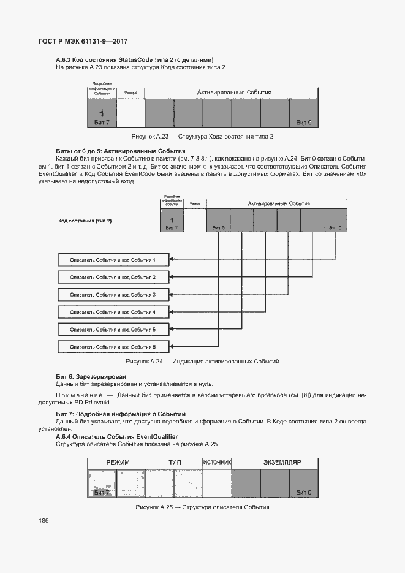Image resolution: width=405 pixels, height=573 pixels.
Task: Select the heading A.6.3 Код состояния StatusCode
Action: (x=134, y=59)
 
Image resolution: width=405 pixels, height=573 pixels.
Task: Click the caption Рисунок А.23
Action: (x=202, y=136)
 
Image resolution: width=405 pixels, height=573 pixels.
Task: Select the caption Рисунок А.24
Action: (x=202, y=362)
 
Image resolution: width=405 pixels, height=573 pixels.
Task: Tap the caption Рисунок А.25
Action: (x=202, y=507)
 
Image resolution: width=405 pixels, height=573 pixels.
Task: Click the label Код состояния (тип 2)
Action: (x=85, y=220)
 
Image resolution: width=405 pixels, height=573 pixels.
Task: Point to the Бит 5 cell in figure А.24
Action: (x=219, y=221)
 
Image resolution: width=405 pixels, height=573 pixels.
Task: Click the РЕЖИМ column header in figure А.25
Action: (x=118, y=461)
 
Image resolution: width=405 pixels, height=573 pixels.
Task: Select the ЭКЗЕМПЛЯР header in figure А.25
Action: (x=282, y=461)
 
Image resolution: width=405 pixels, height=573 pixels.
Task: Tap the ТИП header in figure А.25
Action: (x=175, y=461)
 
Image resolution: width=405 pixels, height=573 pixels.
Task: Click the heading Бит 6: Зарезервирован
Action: (x=91, y=376)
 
